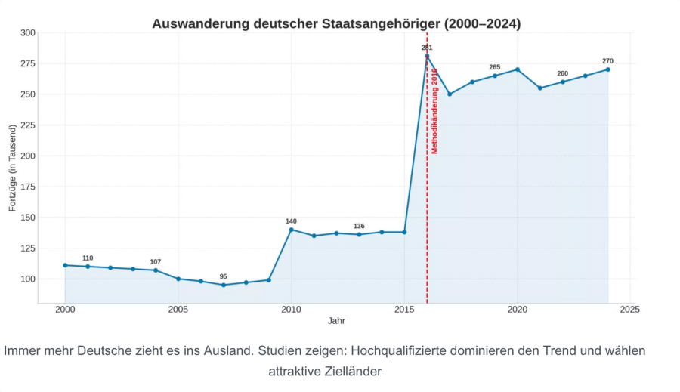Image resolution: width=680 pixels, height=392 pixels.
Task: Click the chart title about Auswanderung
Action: tap(336, 23)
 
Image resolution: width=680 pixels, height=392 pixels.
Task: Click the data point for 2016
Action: tap(427, 56)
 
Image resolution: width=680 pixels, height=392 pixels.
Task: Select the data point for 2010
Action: tap(292, 230)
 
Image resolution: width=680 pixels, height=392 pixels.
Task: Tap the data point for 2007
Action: tap(224, 285)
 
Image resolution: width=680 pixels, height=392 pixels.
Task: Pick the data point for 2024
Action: tap(607, 69)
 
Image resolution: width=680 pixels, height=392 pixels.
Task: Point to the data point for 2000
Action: tap(65, 265)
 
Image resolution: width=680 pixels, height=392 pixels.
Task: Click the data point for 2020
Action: tap(518, 69)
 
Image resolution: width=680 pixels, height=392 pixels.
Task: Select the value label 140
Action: tap(292, 221)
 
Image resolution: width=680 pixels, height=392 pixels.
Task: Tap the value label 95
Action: tap(224, 276)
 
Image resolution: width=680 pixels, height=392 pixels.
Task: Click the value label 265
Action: tap(495, 67)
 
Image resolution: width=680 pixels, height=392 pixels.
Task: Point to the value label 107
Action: tap(156, 262)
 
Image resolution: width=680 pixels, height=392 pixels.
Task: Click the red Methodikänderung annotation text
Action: tap(434, 110)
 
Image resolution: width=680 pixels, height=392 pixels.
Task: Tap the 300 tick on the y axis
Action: tap(27, 33)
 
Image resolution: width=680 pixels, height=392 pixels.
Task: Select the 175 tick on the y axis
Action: tap(27, 187)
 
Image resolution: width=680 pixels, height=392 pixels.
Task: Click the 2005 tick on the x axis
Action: tap(178, 310)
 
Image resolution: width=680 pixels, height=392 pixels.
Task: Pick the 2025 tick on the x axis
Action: tap(630, 310)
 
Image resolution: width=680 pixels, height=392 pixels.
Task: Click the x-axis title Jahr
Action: tap(336, 321)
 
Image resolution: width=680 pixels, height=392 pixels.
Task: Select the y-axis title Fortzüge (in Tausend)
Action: tap(12, 168)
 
